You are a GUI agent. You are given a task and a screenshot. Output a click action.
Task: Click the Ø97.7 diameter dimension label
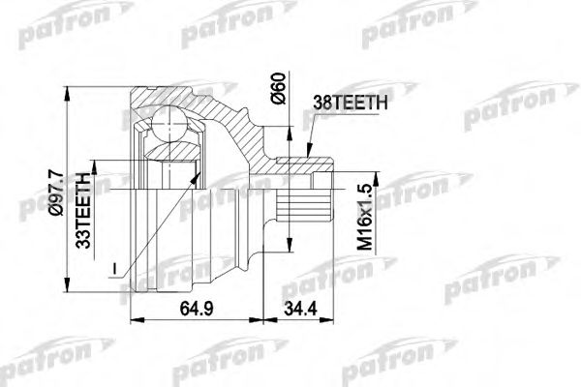pos(57,193)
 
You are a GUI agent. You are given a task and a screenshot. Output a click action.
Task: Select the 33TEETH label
pos(83,210)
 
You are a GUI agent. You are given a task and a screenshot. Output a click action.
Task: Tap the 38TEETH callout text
pos(351,103)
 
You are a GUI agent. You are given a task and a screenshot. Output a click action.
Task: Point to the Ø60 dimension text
pos(279,88)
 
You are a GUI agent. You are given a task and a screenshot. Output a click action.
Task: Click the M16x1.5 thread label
pos(365,217)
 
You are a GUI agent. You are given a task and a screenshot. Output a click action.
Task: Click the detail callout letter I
pos(115,269)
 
